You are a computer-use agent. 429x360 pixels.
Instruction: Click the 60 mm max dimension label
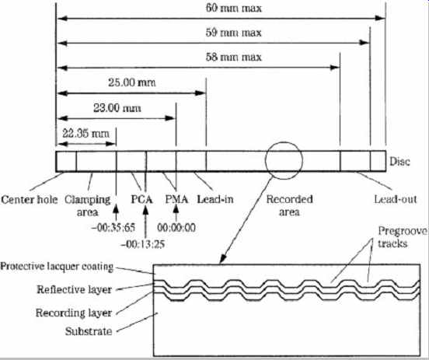(234, 8)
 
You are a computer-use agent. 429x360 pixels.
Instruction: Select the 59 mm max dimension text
(234, 33)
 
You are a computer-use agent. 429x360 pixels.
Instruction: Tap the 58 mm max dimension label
(234, 57)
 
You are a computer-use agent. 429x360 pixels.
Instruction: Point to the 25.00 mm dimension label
(132, 82)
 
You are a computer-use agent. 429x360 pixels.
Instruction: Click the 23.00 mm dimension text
(117, 108)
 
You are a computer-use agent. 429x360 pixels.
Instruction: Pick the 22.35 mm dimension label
(86, 134)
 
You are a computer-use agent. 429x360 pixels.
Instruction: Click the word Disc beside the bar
(399, 162)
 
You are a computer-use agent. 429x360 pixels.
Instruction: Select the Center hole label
(30, 199)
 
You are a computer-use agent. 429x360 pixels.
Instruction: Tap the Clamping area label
(88, 205)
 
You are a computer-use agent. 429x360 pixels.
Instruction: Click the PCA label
(141, 199)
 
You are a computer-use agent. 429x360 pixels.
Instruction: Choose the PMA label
(176, 199)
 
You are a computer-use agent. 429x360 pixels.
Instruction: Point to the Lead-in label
(215, 199)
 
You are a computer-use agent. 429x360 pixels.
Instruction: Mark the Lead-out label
(396, 199)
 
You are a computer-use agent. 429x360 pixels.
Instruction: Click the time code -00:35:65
(113, 228)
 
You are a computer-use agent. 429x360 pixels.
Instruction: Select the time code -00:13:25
(143, 243)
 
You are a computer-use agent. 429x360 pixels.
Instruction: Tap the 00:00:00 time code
(176, 228)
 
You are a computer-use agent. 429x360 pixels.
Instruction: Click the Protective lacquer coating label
(57, 267)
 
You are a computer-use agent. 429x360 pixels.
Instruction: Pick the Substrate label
(89, 331)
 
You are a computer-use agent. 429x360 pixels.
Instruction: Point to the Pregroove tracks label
(403, 237)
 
